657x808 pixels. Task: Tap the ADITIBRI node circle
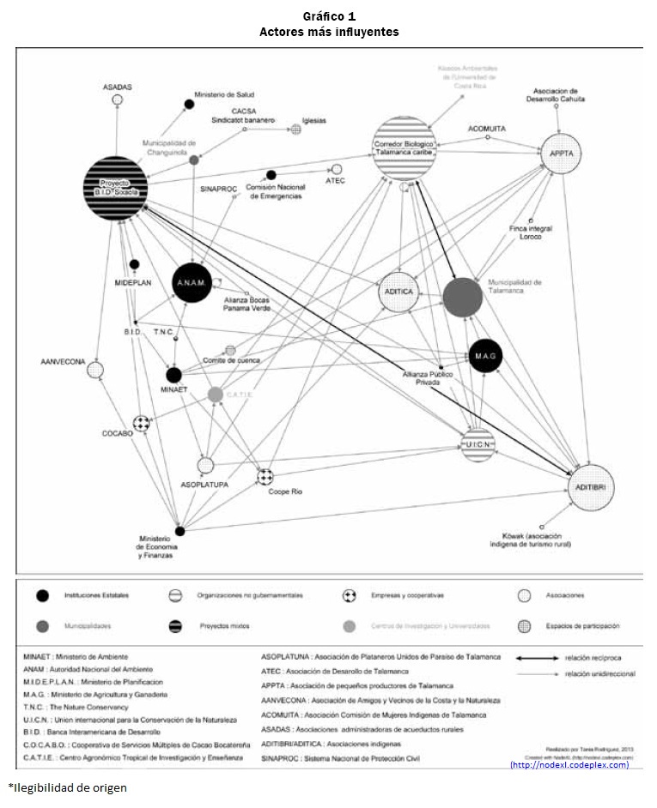[x=591, y=488]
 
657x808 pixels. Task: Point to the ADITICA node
[x=403, y=292]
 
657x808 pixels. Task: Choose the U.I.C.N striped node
[x=477, y=446]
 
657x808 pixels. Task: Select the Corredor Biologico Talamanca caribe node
[x=405, y=148]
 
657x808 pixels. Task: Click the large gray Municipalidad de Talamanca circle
[x=463, y=296]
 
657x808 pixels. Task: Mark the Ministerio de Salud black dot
[x=190, y=105]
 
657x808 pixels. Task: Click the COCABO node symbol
[x=142, y=424]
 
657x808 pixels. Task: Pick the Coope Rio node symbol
[x=266, y=476]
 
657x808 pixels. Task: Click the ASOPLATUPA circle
[x=205, y=466]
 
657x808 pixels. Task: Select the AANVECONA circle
[x=95, y=371]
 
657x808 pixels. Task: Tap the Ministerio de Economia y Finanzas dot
[x=179, y=531]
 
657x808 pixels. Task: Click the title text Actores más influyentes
[x=329, y=32]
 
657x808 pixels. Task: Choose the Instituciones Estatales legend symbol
[x=41, y=594]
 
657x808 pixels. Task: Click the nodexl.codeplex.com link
[x=569, y=764]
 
